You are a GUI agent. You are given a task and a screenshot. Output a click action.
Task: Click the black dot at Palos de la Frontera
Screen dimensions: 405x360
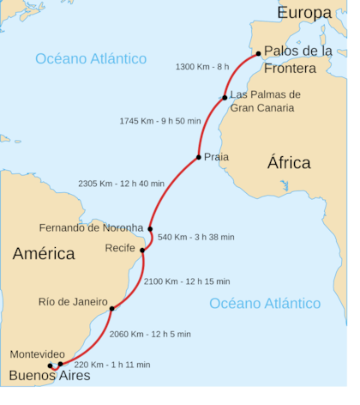click(x=258, y=53)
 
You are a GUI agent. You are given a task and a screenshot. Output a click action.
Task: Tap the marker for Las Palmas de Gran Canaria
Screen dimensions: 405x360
click(x=225, y=98)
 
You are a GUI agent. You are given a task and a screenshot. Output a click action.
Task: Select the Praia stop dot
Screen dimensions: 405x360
click(x=198, y=157)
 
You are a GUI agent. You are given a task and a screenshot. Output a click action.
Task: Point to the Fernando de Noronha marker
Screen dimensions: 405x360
click(x=150, y=229)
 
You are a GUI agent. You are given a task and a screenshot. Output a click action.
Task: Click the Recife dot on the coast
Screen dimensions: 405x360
click(x=142, y=250)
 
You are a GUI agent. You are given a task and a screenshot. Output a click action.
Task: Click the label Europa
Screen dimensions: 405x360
click(x=303, y=13)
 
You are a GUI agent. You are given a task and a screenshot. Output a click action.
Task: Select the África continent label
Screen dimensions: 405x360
click(x=289, y=163)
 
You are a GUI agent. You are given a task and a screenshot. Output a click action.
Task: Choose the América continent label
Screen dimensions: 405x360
click(x=43, y=254)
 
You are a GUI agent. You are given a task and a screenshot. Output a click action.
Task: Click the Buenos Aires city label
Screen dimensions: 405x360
click(x=49, y=376)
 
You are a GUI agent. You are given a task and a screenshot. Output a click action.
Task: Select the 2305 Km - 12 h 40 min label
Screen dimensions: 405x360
click(x=121, y=183)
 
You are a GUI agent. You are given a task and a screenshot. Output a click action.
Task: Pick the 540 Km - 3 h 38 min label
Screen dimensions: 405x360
click(x=196, y=237)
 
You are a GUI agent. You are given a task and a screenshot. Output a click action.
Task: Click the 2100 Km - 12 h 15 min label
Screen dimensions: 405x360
click(x=187, y=281)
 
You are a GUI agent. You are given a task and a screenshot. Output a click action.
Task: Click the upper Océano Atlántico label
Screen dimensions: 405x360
click(x=91, y=58)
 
